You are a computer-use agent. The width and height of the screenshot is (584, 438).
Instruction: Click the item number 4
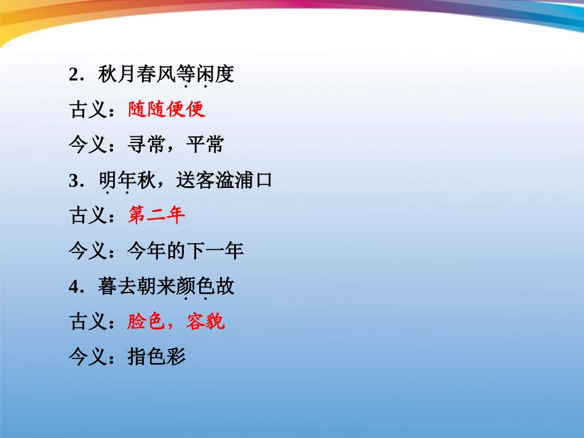(x=75, y=287)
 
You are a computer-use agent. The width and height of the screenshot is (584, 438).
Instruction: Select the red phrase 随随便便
(x=167, y=110)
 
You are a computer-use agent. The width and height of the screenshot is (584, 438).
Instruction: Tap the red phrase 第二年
(x=157, y=216)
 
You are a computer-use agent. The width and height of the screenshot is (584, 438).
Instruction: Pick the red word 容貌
(x=206, y=321)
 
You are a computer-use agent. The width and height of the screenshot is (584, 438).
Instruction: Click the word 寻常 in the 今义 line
(x=147, y=145)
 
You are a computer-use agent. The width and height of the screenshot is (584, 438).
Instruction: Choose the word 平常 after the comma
(x=206, y=145)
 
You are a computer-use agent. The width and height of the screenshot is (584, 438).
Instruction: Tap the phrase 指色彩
(x=157, y=356)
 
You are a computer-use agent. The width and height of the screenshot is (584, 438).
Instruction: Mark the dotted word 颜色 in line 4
(x=195, y=287)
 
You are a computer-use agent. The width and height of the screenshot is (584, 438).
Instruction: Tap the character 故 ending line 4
(x=225, y=287)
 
